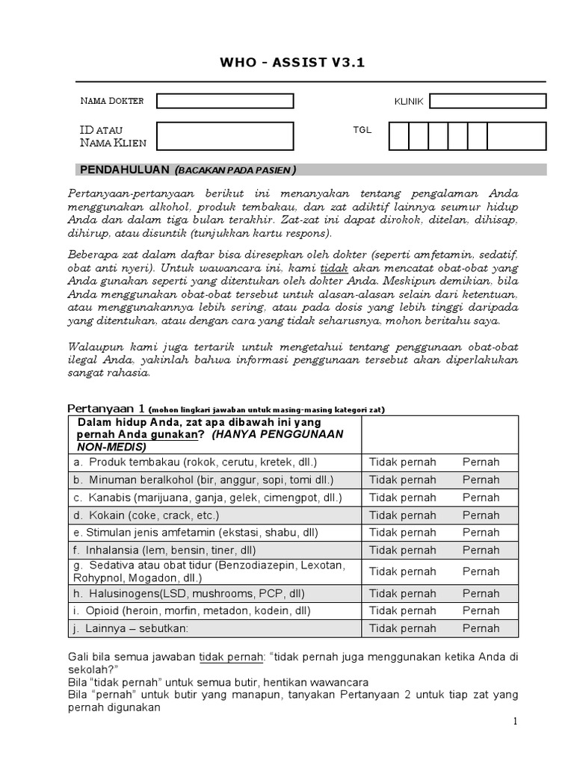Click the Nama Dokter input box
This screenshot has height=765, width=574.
(x=225, y=101)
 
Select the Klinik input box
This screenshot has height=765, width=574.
(x=487, y=101)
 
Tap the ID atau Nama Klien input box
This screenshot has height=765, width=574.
(x=225, y=137)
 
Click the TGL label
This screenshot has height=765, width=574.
(x=362, y=130)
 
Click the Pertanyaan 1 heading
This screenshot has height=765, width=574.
(x=107, y=408)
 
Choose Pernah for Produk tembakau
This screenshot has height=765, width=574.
(x=481, y=462)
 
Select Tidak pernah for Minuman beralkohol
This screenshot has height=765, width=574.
(x=402, y=480)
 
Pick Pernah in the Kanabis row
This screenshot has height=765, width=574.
(x=481, y=498)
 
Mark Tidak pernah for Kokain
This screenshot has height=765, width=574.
(x=402, y=515)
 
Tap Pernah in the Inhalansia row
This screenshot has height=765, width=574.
(x=481, y=551)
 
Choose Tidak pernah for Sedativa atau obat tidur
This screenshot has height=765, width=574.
(x=402, y=572)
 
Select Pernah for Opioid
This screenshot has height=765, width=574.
(x=481, y=610)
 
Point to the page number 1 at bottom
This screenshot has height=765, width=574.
(x=515, y=722)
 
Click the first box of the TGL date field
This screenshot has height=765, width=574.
(x=399, y=137)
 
